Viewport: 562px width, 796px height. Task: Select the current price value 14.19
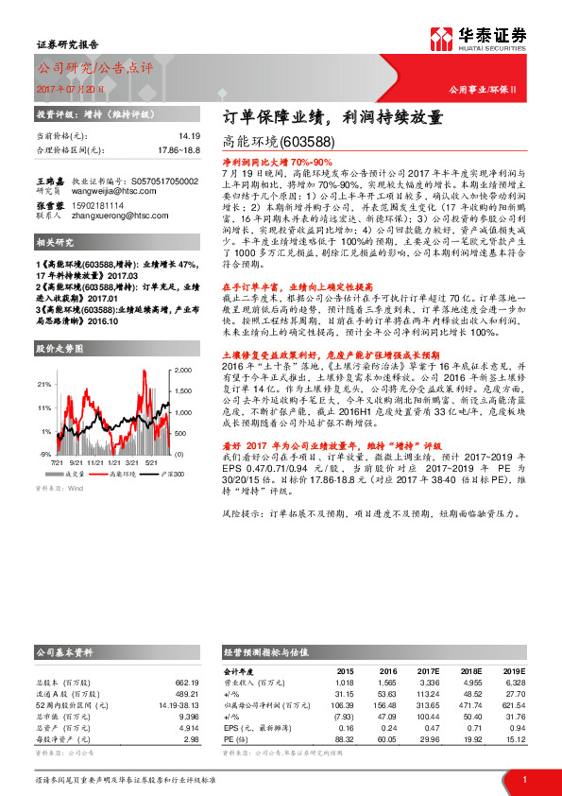(190, 137)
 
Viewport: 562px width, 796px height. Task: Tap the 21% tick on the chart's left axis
(45, 385)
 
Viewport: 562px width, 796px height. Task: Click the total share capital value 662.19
(186, 682)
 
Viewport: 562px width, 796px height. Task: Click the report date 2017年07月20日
(70, 87)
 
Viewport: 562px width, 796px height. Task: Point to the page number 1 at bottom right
(524, 781)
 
